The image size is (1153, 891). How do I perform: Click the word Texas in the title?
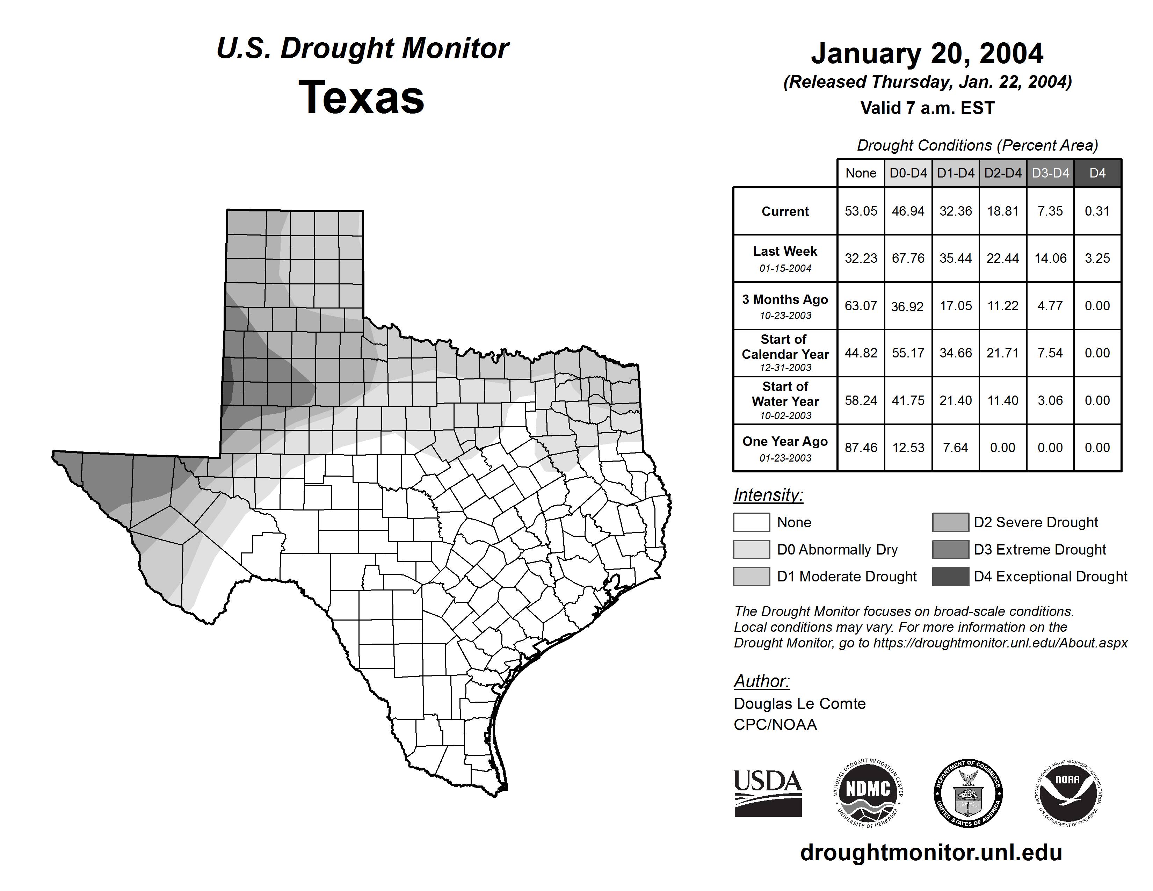(361, 97)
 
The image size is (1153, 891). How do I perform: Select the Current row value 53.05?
(861, 211)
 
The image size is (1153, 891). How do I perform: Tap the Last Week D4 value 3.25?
(1097, 258)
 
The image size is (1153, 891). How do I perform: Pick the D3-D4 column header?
(1050, 173)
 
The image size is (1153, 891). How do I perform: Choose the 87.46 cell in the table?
(861, 448)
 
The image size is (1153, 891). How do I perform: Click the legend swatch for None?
(751, 522)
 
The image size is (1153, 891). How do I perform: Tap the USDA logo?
(768, 793)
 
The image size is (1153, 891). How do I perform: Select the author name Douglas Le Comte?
(799, 704)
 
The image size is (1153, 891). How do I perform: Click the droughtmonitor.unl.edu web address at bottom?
(931, 853)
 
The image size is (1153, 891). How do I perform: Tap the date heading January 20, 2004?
(927, 53)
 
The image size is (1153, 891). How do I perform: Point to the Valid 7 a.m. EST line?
(927, 108)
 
